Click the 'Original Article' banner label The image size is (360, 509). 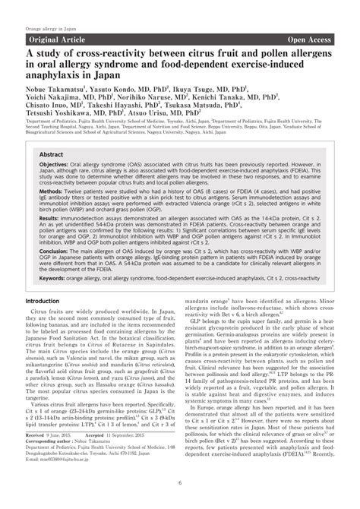(x=58, y=38)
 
